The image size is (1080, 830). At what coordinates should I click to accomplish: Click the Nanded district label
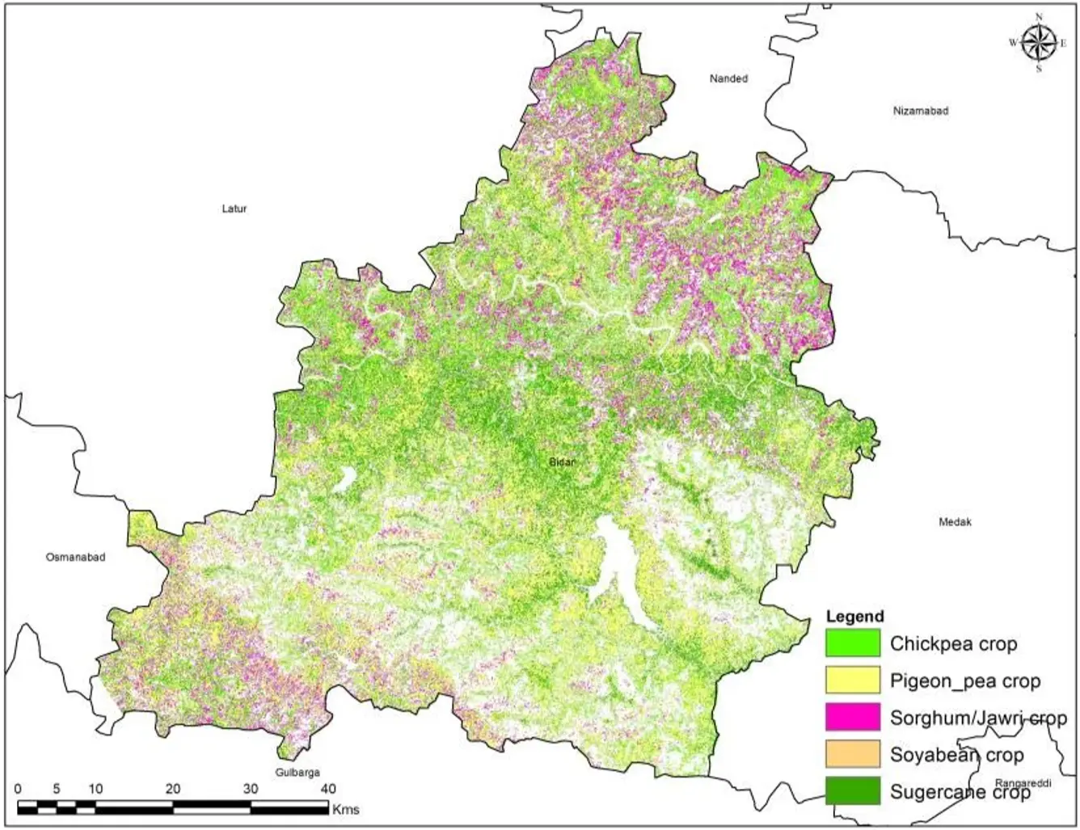pos(728,78)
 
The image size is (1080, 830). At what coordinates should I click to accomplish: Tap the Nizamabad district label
pos(920,111)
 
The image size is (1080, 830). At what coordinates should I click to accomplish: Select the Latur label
pos(234,209)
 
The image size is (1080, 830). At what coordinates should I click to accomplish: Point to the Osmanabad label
pos(75,557)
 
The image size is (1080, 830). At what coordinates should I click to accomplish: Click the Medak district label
pos(955,522)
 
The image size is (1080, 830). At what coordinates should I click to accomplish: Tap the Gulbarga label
pos(297,773)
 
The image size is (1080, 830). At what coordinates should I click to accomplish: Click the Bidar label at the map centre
pos(562,462)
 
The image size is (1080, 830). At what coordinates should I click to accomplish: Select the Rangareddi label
pos(1023,783)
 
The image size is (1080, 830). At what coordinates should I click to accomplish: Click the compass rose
pos(1038,43)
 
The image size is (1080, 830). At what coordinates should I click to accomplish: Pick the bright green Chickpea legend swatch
pos(852,643)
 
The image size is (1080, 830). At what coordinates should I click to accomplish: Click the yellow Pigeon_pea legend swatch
pos(852,680)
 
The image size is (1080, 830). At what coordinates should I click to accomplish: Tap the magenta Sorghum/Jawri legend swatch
pos(852,717)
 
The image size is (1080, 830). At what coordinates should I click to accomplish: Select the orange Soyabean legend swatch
pos(852,754)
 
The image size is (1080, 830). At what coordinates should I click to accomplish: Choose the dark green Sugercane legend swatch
pos(852,791)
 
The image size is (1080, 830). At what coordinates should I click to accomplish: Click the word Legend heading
pos(854,617)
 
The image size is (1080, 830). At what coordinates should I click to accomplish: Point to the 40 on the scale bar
pos(327,789)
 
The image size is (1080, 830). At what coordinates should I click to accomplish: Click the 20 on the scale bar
pos(172,789)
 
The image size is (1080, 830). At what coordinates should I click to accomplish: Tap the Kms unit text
pos(345,808)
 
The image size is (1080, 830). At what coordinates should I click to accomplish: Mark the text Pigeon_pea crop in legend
pos(964,680)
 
